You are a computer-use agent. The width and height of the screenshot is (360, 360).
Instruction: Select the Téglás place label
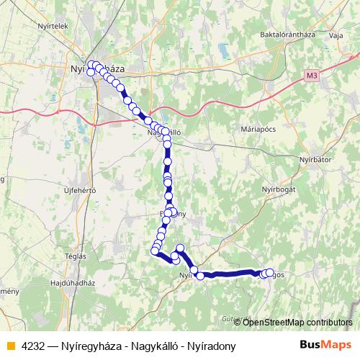76,256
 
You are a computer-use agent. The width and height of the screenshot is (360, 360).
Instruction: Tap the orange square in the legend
11,346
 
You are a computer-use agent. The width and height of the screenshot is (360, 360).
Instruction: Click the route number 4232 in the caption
33,346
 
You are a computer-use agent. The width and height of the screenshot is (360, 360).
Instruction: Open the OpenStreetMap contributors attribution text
297,322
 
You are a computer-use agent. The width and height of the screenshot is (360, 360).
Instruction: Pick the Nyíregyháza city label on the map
101,68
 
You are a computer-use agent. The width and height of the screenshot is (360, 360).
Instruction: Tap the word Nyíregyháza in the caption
94,346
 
